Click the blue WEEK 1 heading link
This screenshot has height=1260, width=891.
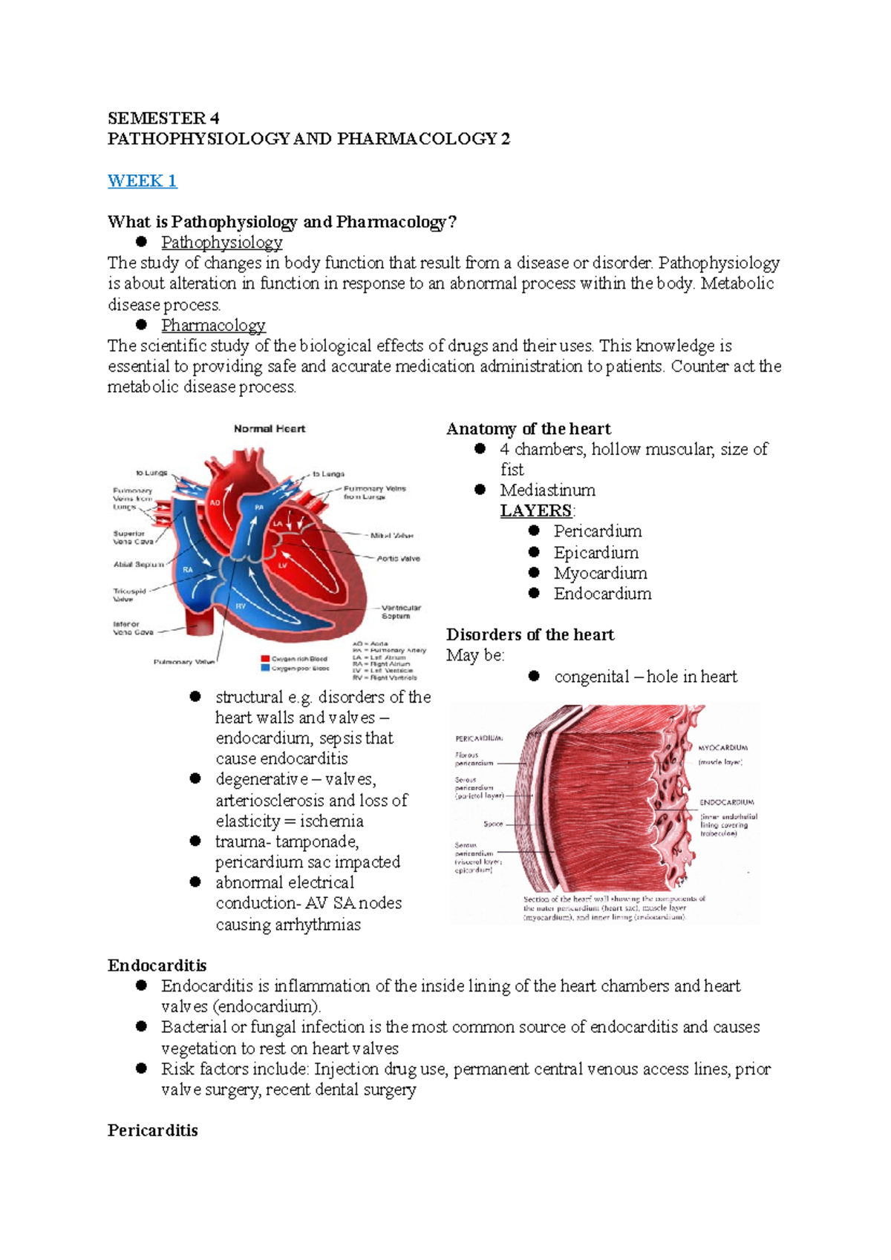pyautogui.click(x=142, y=180)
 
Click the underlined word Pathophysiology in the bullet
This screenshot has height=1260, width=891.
pyautogui.click(x=221, y=243)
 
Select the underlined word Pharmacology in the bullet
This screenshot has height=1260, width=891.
pyautogui.click(x=213, y=326)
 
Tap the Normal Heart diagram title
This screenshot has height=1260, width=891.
pyautogui.click(x=270, y=429)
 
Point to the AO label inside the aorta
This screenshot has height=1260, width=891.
pyautogui.click(x=215, y=502)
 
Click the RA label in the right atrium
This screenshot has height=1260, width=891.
pyautogui.click(x=189, y=570)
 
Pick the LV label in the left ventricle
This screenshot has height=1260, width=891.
pyautogui.click(x=282, y=565)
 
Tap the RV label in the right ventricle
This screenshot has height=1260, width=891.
pyautogui.click(x=241, y=606)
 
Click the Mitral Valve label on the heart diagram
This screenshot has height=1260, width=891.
pyautogui.click(x=391, y=535)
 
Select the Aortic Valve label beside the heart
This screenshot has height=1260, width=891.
pyautogui.click(x=398, y=558)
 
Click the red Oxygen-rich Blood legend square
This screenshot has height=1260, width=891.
pyautogui.click(x=265, y=658)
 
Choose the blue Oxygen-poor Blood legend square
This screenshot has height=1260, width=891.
pyautogui.click(x=265, y=668)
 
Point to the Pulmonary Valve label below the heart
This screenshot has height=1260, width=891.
pyautogui.click(x=183, y=662)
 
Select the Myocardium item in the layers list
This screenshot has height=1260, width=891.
pyautogui.click(x=600, y=573)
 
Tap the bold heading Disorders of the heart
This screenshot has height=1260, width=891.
pyautogui.click(x=530, y=634)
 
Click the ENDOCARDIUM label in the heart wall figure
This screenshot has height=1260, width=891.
pyautogui.click(x=726, y=802)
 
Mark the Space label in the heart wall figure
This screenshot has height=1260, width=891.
pyautogui.click(x=493, y=824)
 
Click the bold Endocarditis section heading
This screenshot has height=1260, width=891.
pyautogui.click(x=157, y=965)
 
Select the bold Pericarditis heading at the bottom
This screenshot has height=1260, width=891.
pyautogui.click(x=152, y=1131)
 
